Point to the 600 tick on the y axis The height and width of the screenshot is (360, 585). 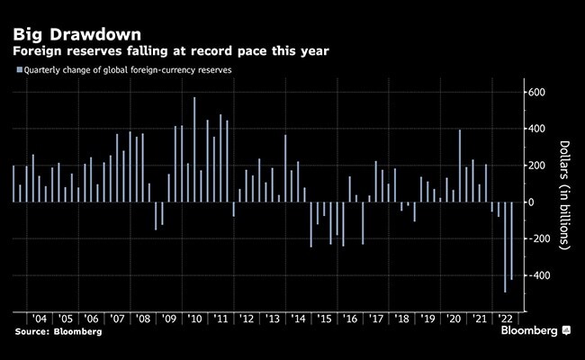click(538, 93)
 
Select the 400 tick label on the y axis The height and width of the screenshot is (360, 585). click(538, 130)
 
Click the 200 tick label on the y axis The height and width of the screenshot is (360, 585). click(538, 166)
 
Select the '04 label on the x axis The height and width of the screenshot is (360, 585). click(40, 319)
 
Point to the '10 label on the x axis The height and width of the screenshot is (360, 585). click(194, 319)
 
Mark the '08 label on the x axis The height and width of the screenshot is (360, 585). click(142, 319)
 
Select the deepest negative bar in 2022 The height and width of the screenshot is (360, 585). click(505, 247)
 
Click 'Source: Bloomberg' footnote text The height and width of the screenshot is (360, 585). click(58, 332)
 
